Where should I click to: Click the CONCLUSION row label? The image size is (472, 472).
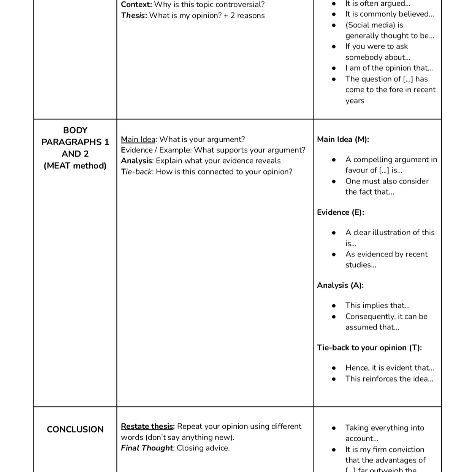click(x=75, y=429)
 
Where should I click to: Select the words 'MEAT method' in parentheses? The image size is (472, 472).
click(x=75, y=166)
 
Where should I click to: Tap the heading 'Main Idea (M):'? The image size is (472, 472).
click(x=343, y=139)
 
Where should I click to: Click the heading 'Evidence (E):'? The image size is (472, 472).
click(x=340, y=212)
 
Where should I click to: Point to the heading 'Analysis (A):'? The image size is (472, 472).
click(x=340, y=285)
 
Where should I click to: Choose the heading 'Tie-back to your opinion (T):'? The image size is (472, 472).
click(x=369, y=348)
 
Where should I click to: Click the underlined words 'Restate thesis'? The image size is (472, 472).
click(x=147, y=426)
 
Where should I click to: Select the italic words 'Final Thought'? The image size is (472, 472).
click(x=147, y=448)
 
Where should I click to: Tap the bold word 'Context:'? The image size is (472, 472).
click(x=136, y=5)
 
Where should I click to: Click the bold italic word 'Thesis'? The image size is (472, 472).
click(x=133, y=16)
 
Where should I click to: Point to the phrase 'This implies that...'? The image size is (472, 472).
click(x=377, y=306)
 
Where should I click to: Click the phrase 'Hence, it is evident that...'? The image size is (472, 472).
click(x=390, y=368)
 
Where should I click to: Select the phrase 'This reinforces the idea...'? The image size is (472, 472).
click(x=389, y=379)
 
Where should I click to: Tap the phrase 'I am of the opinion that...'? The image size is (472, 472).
click(x=389, y=68)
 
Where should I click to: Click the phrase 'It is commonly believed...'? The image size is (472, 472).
click(x=390, y=14)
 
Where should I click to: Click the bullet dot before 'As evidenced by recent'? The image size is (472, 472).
click(x=334, y=254)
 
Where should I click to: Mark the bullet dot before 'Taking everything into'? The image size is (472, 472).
click(x=334, y=428)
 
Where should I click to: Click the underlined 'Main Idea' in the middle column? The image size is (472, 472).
click(x=138, y=139)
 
